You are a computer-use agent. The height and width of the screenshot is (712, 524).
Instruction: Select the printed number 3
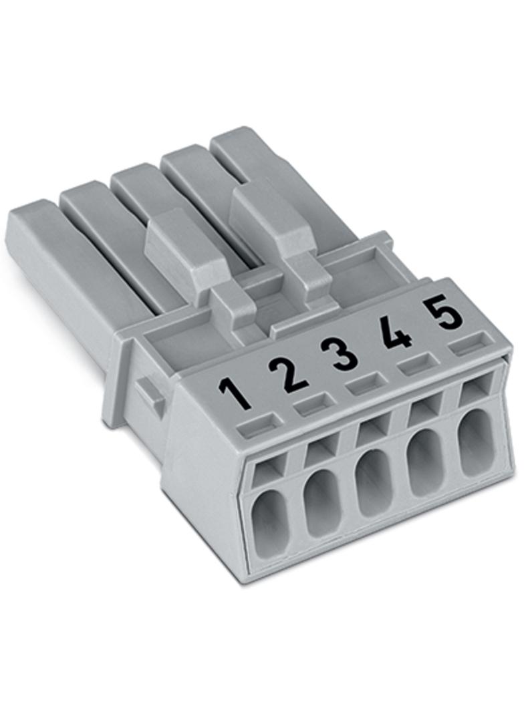tap(344, 354)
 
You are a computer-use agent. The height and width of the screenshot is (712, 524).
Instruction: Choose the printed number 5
tap(443, 313)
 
